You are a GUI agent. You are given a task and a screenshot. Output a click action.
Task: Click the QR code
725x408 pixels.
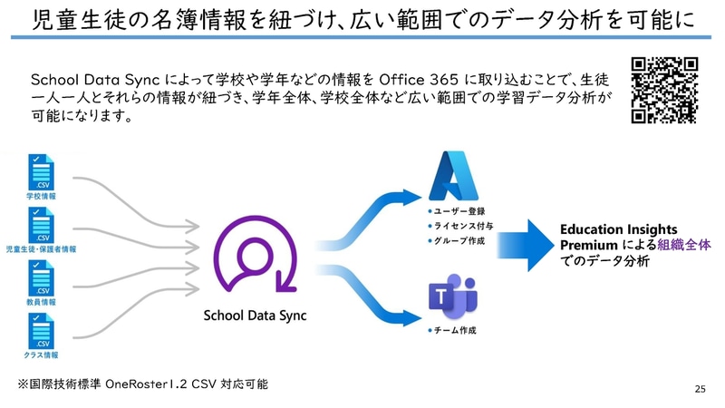tap(664, 91)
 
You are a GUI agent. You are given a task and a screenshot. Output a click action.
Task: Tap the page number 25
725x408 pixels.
tap(700, 389)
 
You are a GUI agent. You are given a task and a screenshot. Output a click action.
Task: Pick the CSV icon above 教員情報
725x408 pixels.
tap(42, 278)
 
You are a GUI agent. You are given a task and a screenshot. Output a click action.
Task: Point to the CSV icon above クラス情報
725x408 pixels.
tap(42, 330)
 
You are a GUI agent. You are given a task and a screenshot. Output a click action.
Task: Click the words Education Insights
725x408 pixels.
tap(615, 229)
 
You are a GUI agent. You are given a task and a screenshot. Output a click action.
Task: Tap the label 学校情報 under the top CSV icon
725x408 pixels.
tap(42, 196)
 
